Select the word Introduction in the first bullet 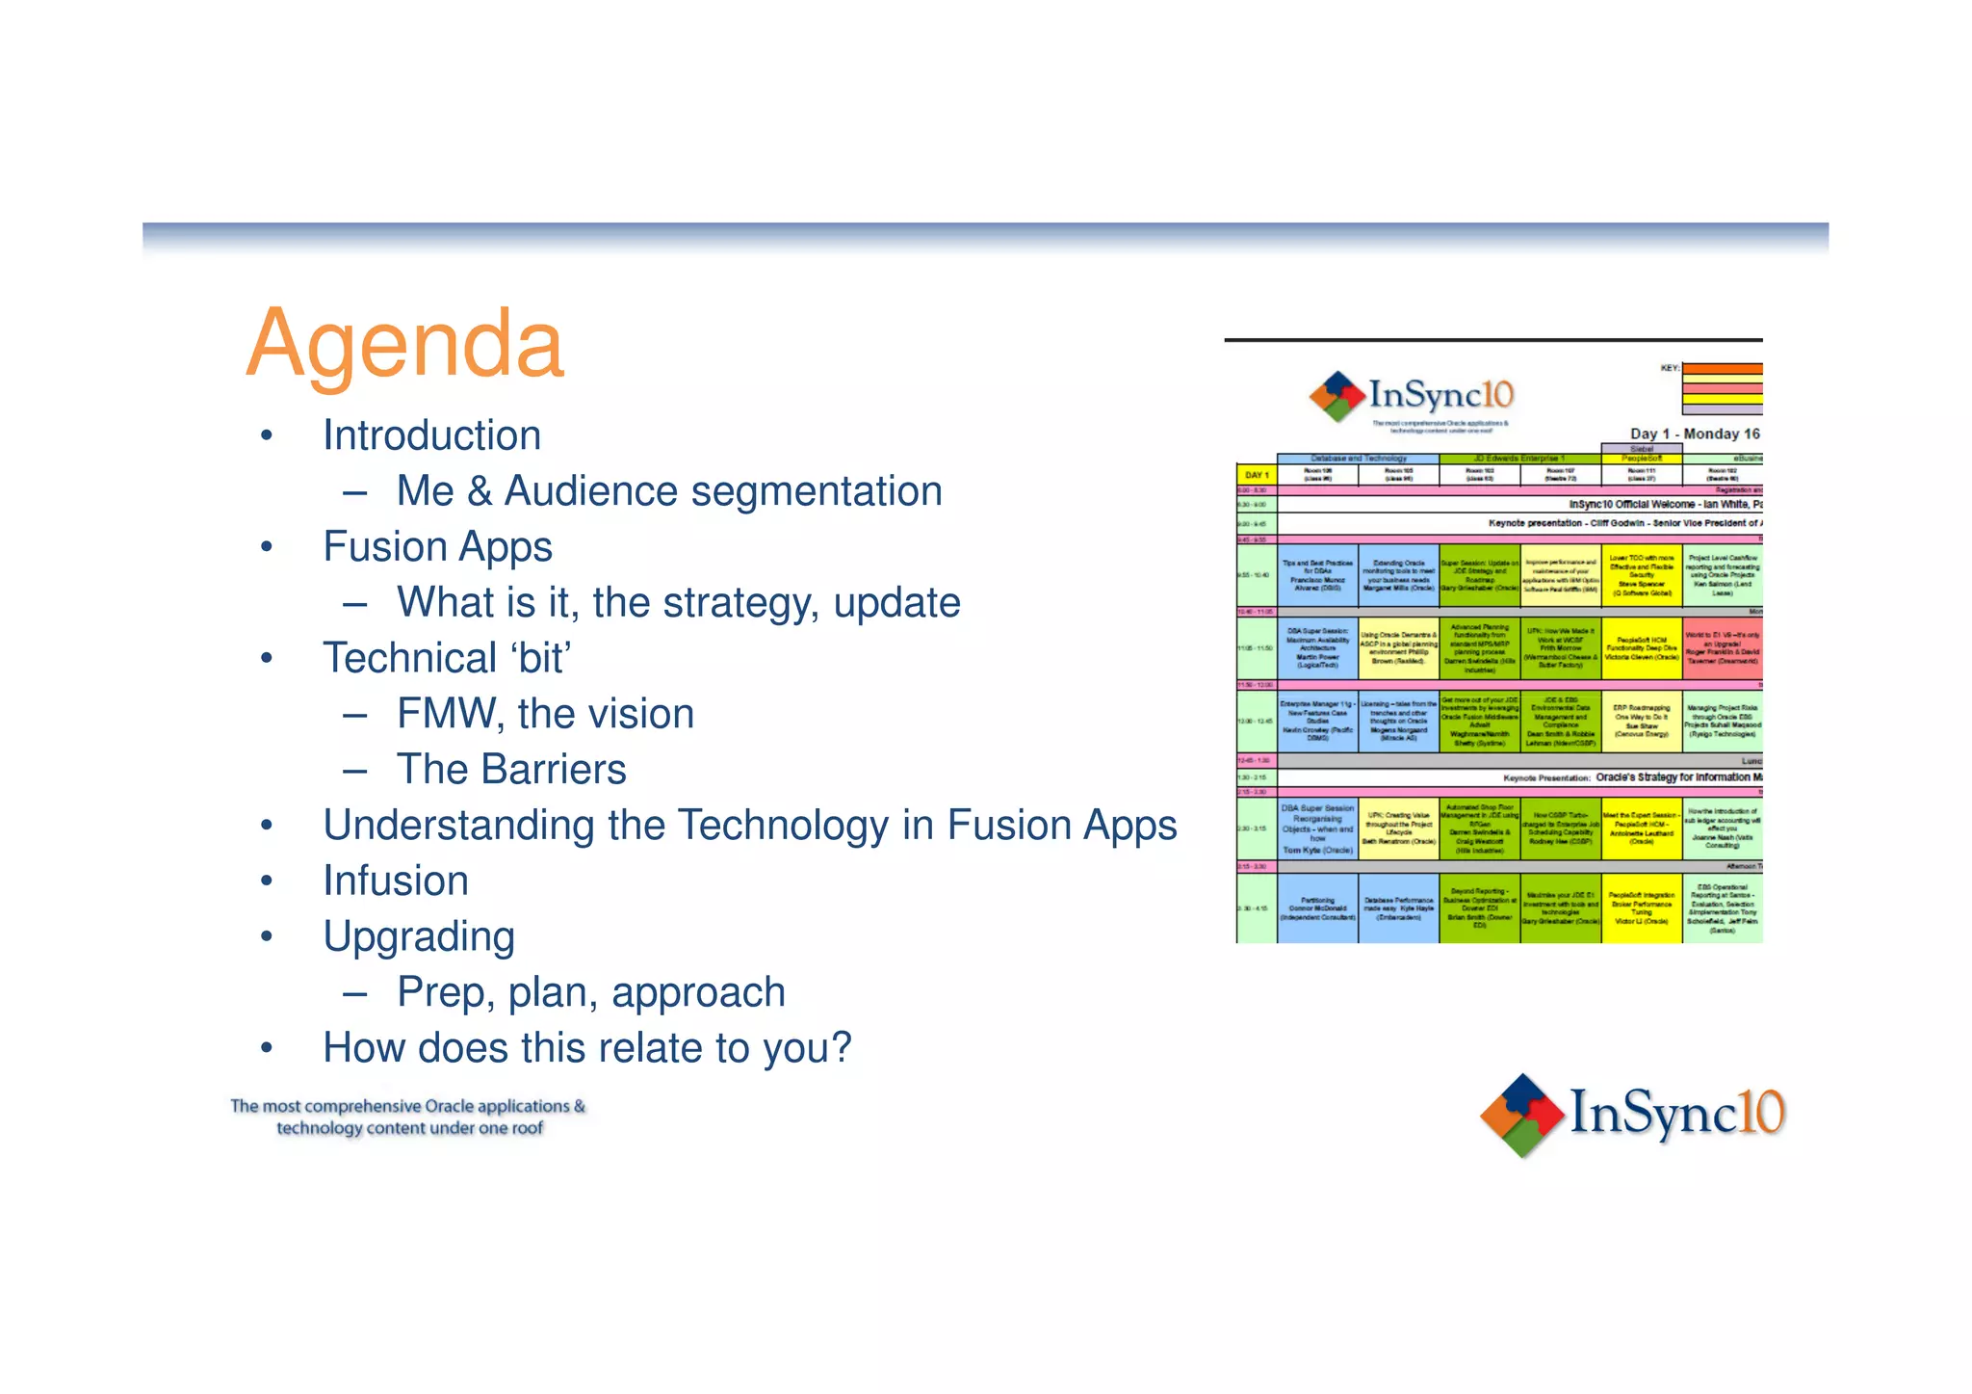point(431,435)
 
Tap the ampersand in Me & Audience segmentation point(480,492)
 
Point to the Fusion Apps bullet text point(437,547)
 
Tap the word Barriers point(554,770)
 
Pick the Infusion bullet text point(396,881)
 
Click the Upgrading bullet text point(419,937)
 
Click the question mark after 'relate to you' point(842,1048)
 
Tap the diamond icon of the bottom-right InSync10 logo point(1521,1115)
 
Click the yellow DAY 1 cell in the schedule point(1257,475)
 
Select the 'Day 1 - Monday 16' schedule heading point(1695,434)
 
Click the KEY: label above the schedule point(1670,368)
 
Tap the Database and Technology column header point(1358,459)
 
